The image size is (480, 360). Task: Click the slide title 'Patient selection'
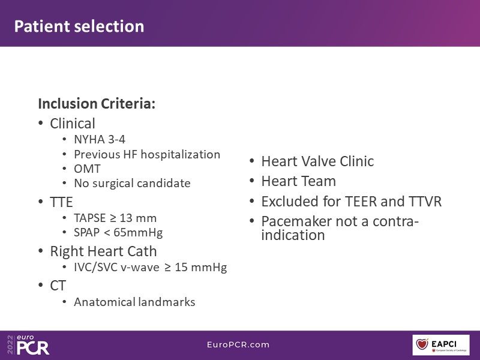point(79,26)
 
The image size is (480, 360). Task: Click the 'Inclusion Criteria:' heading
point(97,103)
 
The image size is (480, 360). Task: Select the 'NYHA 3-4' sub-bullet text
point(100,140)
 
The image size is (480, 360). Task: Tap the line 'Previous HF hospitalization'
point(147,154)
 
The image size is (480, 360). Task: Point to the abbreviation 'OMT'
point(87,169)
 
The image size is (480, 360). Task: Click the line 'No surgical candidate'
point(132,184)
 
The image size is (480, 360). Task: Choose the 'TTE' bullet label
point(61,202)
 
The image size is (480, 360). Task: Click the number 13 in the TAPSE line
point(126,218)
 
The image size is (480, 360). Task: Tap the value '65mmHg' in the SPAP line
point(138,233)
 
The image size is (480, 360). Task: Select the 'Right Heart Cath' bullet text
point(103,251)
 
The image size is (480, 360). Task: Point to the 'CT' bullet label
point(58,286)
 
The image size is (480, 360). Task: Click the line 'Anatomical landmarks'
point(134,302)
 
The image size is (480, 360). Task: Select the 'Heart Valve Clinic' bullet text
point(317,161)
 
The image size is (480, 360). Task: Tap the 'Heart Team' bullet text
point(298,181)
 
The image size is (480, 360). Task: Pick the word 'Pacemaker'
point(292,221)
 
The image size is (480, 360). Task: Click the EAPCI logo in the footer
point(441,345)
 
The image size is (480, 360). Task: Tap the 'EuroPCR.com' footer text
point(238,344)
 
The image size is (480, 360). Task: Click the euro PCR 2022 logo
point(28,344)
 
